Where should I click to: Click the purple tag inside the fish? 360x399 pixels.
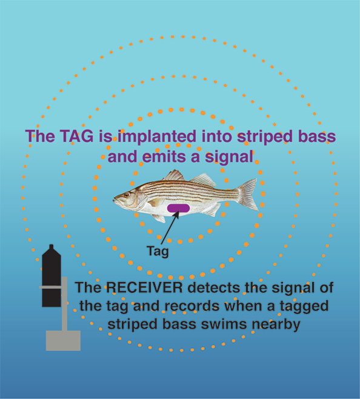[x=178, y=208]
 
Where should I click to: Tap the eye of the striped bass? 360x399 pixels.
[x=126, y=195]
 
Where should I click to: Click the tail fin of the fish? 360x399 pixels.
[x=247, y=195]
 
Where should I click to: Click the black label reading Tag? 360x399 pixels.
[x=158, y=252]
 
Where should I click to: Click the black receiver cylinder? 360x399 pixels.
[x=52, y=276]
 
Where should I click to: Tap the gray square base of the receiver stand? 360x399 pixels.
[x=63, y=341]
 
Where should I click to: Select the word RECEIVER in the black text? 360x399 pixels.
[x=144, y=287]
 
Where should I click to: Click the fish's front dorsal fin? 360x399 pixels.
[x=174, y=176]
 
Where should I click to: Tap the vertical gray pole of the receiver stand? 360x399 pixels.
[x=65, y=304]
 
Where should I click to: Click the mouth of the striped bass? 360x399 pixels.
[x=116, y=200]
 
